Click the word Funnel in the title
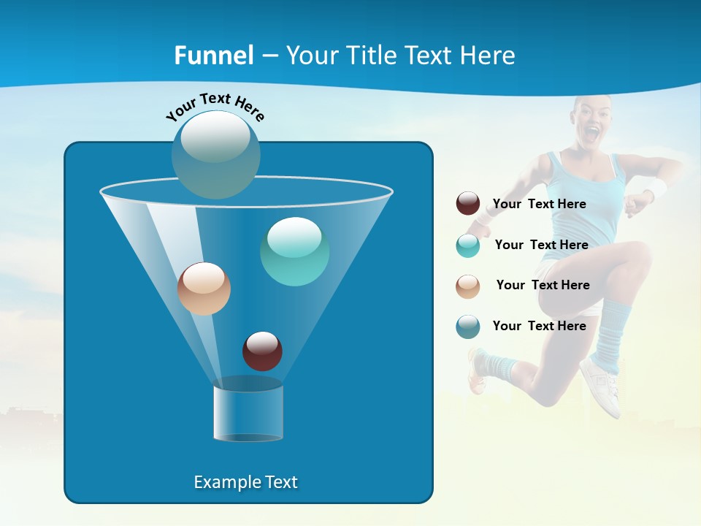[213, 56]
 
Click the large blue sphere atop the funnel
[215, 154]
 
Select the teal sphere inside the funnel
[294, 251]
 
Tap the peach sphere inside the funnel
[204, 289]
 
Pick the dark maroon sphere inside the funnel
[262, 351]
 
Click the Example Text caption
[245, 482]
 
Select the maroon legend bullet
[468, 204]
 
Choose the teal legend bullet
[468, 245]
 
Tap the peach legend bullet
[468, 286]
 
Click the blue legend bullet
[468, 327]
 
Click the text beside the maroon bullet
[539, 204]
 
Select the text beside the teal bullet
[541, 245]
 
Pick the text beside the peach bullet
[543, 285]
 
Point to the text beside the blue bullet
[539, 326]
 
